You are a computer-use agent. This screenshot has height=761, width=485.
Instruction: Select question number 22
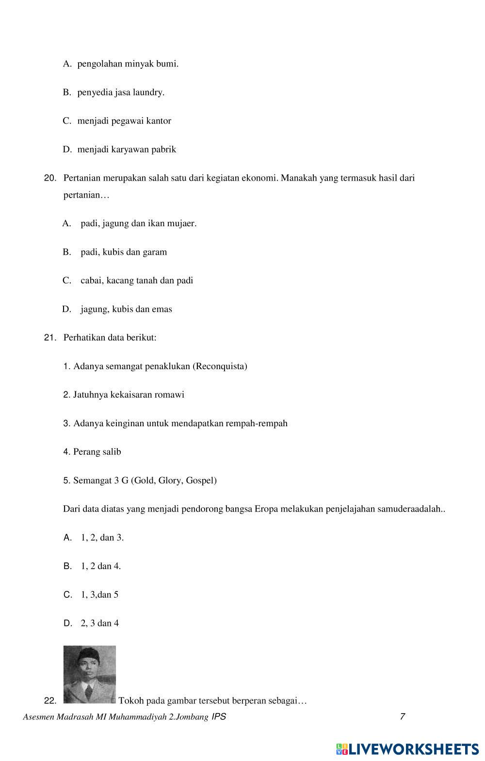click(50, 701)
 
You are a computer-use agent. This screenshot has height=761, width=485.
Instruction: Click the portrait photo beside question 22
click(90, 674)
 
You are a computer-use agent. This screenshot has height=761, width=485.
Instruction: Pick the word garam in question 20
click(156, 252)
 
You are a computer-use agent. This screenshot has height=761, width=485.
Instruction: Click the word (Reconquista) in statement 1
click(220, 366)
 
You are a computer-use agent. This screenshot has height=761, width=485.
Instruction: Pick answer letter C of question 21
click(67, 595)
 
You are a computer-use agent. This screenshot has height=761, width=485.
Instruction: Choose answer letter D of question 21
click(67, 623)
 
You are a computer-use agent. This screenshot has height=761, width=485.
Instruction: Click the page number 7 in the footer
click(403, 717)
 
